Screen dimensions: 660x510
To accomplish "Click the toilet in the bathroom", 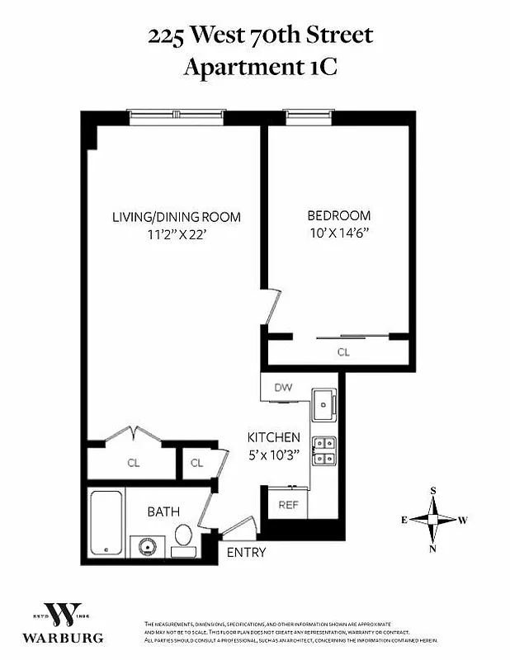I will pos(183,535).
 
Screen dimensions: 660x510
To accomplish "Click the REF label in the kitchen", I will pos(287,505).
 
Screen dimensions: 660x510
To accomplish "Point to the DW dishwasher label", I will pos(282,386).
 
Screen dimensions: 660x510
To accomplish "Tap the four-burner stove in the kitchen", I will pos(324,450).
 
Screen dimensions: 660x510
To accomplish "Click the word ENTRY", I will pos(246,552).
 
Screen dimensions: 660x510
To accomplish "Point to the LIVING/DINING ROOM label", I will pos(177,217).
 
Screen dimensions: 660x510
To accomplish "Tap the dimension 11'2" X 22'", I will pos(177,233).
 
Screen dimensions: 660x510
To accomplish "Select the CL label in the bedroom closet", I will pos(343,351).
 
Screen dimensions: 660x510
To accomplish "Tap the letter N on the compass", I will pos(432,549).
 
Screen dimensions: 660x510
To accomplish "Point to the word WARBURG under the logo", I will pos(63,638).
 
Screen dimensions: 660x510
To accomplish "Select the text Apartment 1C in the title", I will pos(259,66).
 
